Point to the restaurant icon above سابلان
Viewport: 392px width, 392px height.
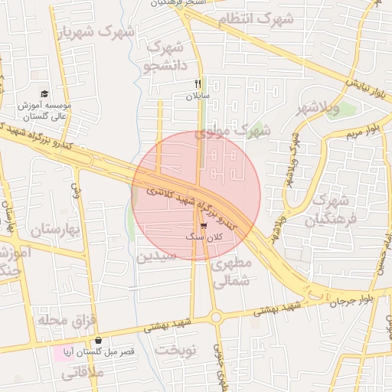coord(198,83)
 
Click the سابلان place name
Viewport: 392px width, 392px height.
coord(197,96)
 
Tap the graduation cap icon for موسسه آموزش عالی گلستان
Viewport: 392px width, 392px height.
coord(44,93)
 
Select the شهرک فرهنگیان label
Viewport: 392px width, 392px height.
coord(331,211)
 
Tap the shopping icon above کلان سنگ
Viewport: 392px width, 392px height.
coord(203,226)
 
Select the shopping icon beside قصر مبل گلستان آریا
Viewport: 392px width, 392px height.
coord(99,341)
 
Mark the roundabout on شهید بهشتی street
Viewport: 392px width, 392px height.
coord(215,316)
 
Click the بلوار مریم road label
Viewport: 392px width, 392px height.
coord(358,127)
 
